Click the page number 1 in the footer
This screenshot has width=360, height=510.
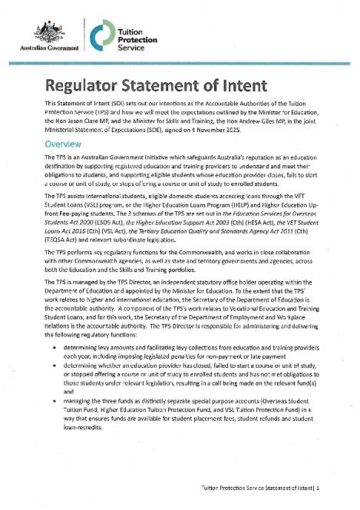[317, 486]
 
